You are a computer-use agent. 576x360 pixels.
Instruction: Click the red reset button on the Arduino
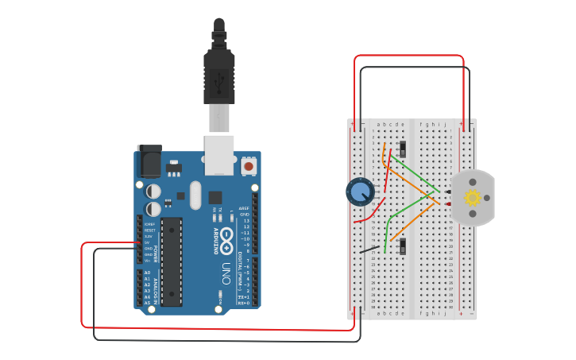click(x=249, y=166)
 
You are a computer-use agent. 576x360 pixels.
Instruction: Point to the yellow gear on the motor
click(x=473, y=198)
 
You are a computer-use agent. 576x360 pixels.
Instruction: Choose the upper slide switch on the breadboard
click(x=403, y=149)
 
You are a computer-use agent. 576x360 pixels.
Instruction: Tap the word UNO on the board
click(x=226, y=270)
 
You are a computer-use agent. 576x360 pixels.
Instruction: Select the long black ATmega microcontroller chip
click(x=172, y=261)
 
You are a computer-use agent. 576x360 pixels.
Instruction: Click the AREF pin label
click(x=244, y=208)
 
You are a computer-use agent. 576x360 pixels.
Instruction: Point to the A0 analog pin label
click(x=147, y=273)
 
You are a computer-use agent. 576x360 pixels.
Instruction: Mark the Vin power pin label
click(x=148, y=260)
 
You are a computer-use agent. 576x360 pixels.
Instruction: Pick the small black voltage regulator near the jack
click(x=173, y=168)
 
